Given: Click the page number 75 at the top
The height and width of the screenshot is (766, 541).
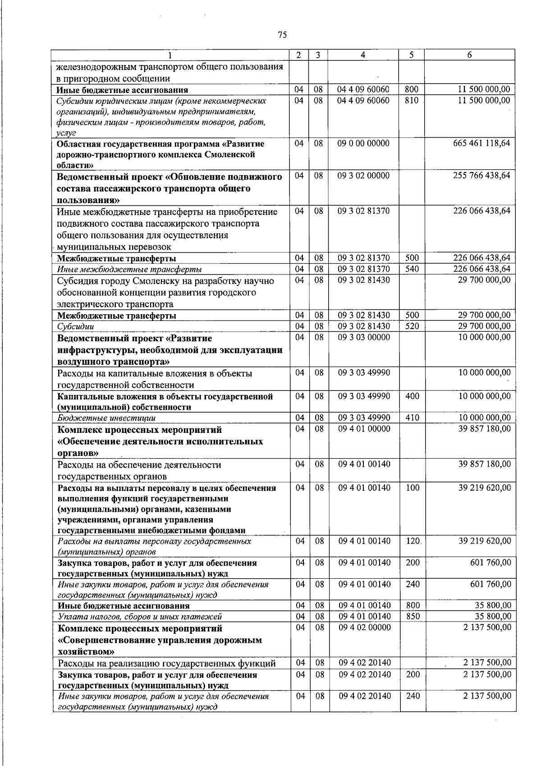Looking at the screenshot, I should [x=283, y=35].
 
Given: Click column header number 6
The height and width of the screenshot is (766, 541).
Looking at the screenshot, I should [x=470, y=55].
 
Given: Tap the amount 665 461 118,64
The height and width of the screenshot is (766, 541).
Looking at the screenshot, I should [x=481, y=144].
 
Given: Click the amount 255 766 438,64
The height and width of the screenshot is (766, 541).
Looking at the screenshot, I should [x=481, y=176].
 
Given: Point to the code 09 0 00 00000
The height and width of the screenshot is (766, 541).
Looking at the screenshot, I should [x=363, y=144].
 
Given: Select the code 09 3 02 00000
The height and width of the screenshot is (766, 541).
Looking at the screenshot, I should [x=363, y=176].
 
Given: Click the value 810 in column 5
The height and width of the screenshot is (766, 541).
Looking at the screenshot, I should [x=412, y=100].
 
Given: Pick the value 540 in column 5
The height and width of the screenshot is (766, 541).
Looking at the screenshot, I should [x=412, y=269].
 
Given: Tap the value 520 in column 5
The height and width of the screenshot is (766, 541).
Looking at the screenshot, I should [x=412, y=326].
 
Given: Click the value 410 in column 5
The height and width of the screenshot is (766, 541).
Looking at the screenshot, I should [x=412, y=418].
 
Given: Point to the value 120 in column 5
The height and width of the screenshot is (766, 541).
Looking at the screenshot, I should [x=412, y=541].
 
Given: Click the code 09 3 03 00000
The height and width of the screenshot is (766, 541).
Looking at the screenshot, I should [x=364, y=337].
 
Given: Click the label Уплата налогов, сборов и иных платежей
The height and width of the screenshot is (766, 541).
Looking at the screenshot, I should [x=140, y=617].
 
